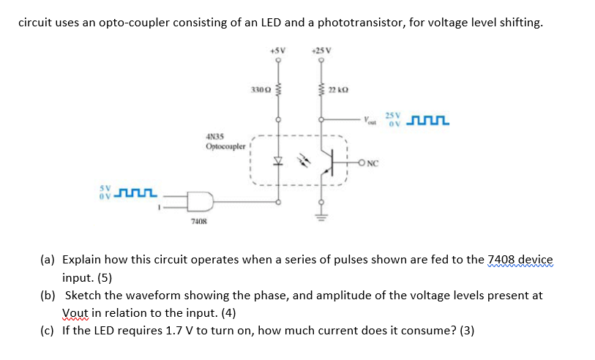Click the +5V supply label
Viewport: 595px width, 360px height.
[x=277, y=50]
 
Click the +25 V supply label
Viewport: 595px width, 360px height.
[x=321, y=50]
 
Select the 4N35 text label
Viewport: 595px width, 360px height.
[x=215, y=136]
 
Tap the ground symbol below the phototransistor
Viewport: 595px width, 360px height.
[x=321, y=216]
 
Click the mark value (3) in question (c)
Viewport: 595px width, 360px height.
[x=467, y=330]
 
